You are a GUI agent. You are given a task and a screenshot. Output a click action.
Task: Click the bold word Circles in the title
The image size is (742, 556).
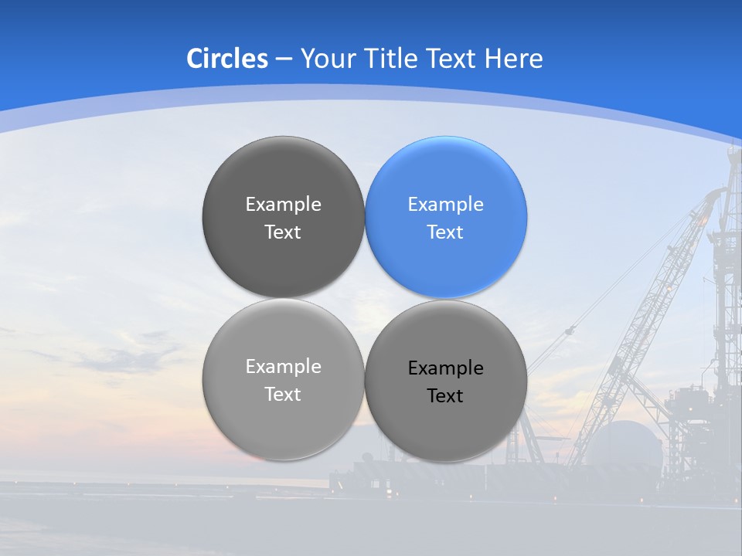(227, 59)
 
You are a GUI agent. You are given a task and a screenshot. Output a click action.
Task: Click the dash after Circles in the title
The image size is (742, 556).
(284, 59)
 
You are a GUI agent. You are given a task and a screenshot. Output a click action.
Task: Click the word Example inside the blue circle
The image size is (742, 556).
(445, 204)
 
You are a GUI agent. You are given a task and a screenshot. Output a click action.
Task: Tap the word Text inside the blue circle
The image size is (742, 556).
(445, 232)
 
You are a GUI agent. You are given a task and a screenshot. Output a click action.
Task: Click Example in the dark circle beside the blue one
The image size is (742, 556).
(283, 204)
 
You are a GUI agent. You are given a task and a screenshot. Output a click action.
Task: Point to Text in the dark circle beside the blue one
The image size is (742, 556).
(283, 232)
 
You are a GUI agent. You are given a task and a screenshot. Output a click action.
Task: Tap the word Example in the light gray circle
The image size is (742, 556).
(283, 366)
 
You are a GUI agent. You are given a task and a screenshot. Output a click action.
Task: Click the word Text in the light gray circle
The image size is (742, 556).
(283, 394)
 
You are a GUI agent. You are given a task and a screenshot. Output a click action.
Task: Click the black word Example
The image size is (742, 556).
(445, 368)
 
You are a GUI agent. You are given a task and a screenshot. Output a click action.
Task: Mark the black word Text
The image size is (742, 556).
(445, 395)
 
